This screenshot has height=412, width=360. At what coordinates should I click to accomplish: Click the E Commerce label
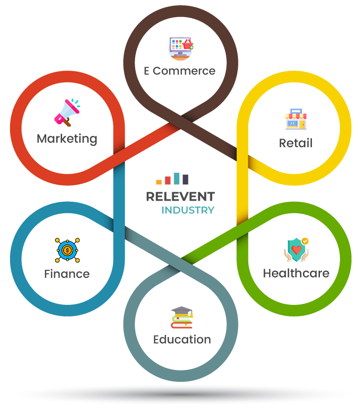click(x=180, y=71)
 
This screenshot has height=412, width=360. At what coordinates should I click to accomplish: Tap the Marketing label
click(x=67, y=138)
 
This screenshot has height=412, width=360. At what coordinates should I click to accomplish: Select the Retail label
click(x=295, y=143)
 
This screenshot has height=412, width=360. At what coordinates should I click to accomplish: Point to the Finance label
click(x=67, y=274)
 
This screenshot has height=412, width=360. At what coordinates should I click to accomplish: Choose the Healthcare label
click(x=296, y=273)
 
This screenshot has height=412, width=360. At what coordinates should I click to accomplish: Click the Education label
click(x=182, y=339)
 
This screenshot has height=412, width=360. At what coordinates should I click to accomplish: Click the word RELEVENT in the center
click(x=180, y=197)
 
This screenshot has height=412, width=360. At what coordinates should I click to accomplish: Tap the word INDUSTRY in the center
click(x=188, y=210)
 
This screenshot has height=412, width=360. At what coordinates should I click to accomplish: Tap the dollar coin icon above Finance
click(x=67, y=249)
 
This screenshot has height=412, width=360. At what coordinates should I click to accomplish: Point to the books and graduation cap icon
click(x=181, y=317)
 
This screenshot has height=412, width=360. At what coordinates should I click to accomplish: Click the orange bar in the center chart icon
click(x=159, y=182)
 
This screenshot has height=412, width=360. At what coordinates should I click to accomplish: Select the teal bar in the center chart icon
click(x=177, y=178)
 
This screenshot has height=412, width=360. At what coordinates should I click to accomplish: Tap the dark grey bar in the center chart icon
click(x=185, y=179)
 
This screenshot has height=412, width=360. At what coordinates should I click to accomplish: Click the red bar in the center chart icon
click(x=168, y=180)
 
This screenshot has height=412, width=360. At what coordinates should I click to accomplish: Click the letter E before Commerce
click(x=146, y=71)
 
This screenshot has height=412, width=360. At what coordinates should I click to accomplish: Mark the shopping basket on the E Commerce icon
click(x=188, y=47)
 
